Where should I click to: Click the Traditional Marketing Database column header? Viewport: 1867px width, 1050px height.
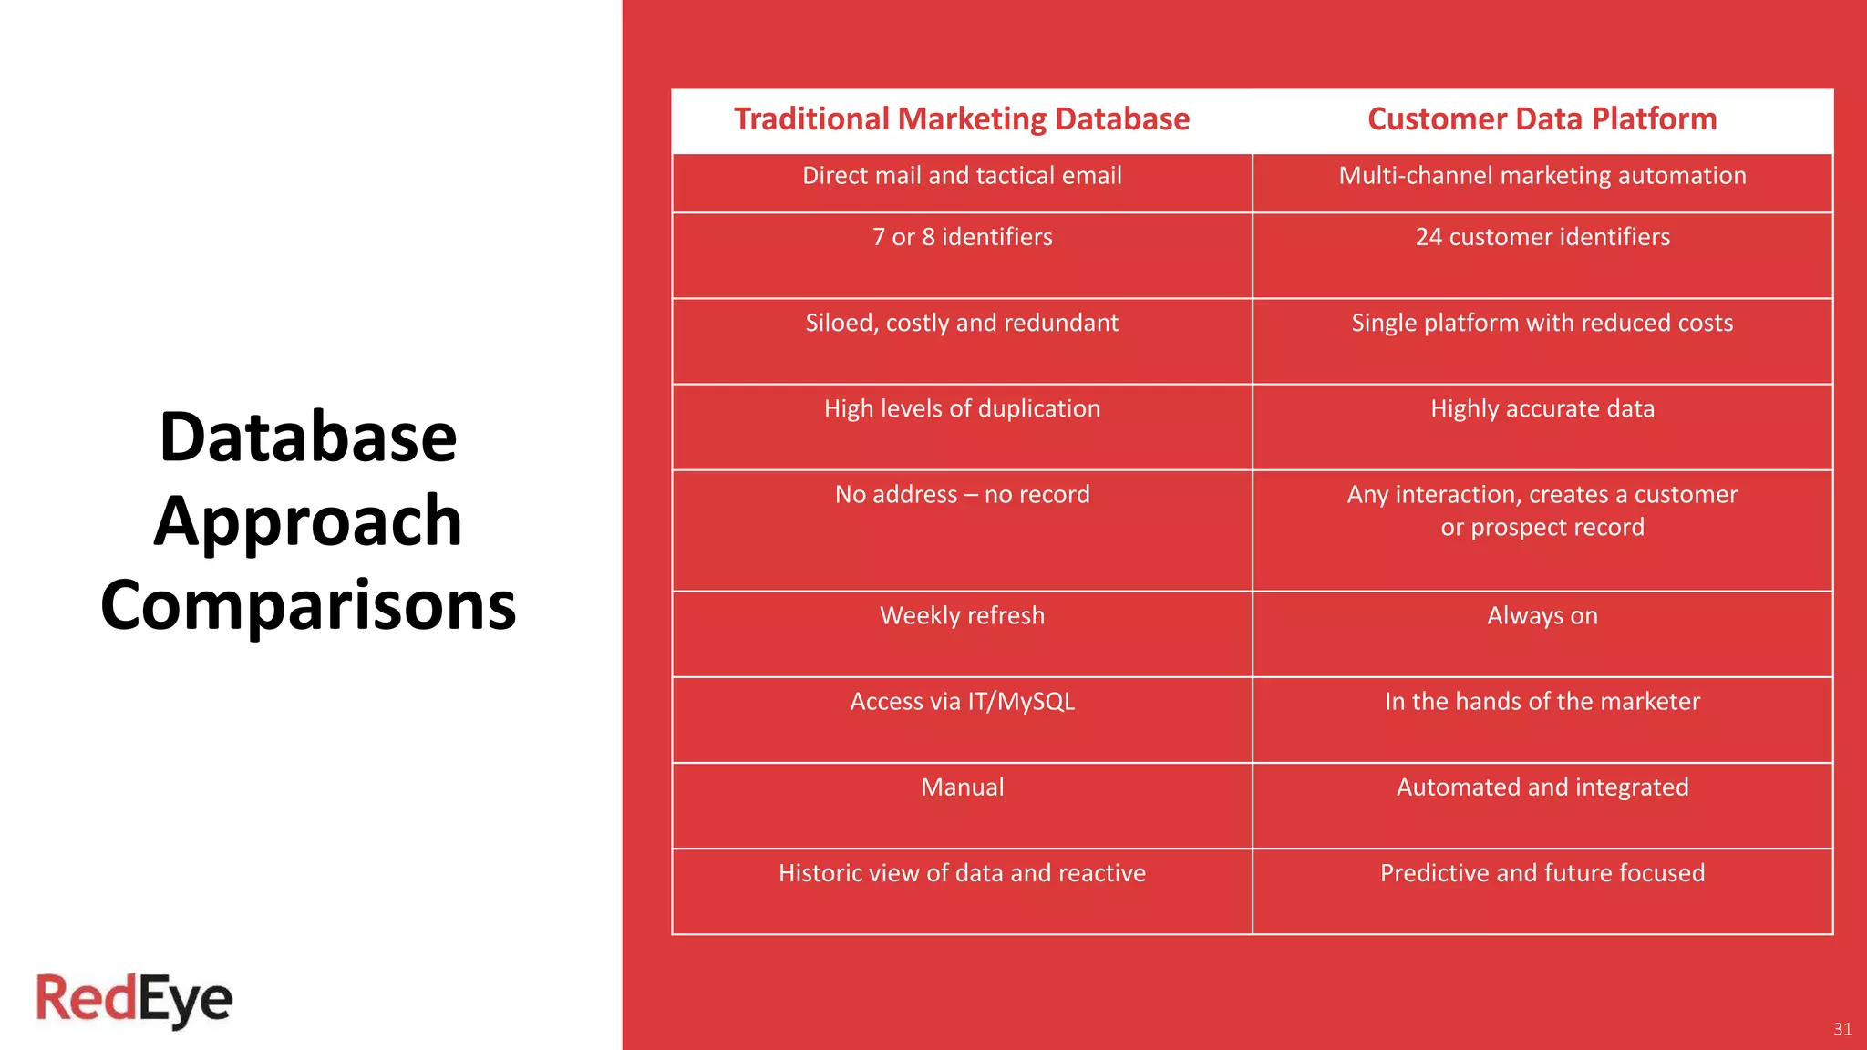(x=962, y=119)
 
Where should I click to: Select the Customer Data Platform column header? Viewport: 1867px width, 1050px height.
(x=1542, y=119)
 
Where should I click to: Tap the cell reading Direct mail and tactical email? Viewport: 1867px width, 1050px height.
(x=962, y=176)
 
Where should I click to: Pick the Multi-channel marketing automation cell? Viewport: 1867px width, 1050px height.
(x=1542, y=176)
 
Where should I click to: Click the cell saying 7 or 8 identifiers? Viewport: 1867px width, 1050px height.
(x=962, y=237)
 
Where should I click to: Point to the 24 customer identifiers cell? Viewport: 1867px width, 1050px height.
(x=1542, y=237)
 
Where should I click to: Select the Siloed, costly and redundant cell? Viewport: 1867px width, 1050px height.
(x=962, y=323)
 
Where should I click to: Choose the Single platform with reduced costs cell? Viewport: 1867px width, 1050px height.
(x=1542, y=323)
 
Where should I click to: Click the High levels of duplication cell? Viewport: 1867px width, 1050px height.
(x=962, y=408)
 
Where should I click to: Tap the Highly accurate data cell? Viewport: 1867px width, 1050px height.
(x=1542, y=408)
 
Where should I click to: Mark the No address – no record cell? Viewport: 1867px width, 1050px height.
(x=962, y=494)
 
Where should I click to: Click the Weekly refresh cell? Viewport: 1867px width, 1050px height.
(x=962, y=615)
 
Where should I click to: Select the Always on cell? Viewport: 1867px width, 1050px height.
(x=1542, y=615)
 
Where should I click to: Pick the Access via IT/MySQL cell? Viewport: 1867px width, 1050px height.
(x=962, y=701)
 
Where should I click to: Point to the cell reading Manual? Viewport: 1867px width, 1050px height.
(x=962, y=787)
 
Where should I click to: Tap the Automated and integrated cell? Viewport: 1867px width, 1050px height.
(x=1542, y=787)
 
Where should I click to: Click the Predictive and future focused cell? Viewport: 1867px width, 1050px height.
(x=1542, y=872)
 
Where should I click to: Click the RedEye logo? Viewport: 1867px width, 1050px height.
(x=134, y=1000)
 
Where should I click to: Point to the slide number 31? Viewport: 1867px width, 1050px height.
(x=1841, y=1029)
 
